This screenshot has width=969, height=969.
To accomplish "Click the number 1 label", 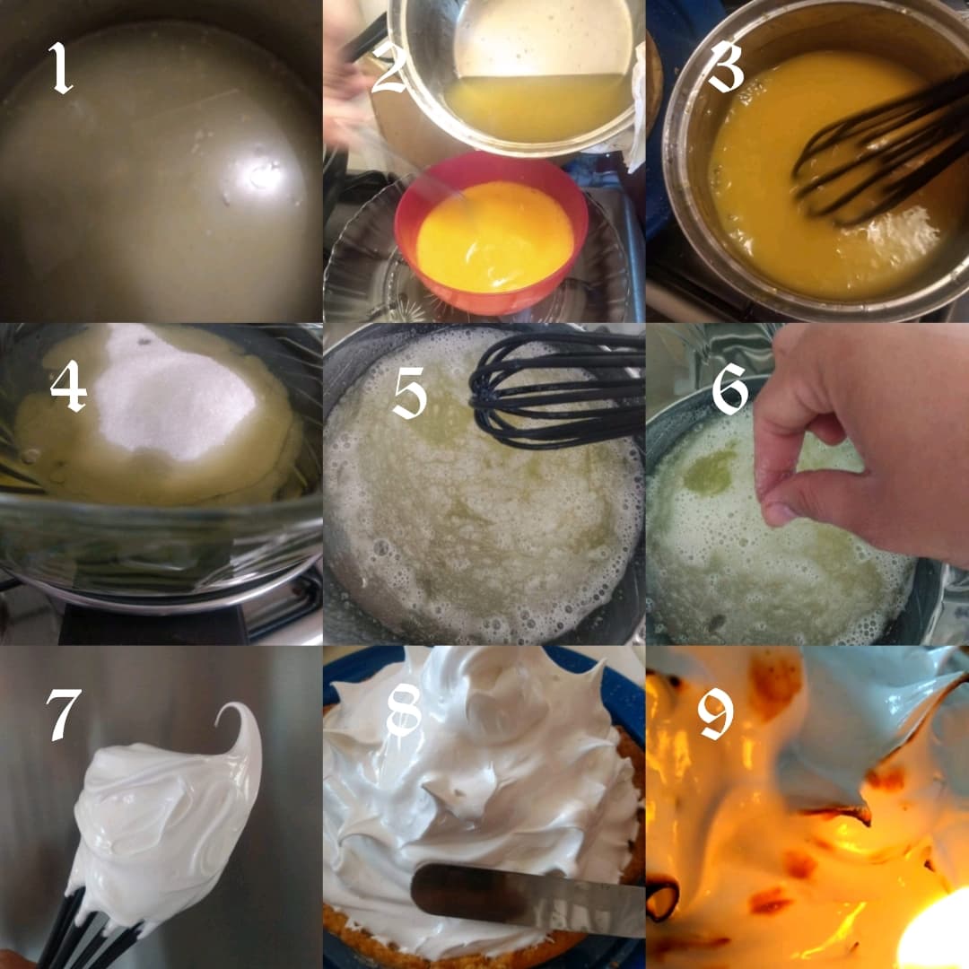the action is pyautogui.click(x=61, y=67).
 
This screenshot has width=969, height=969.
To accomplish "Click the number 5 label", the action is pyautogui.click(x=410, y=392).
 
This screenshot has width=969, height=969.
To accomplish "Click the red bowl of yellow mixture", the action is pyautogui.click(x=492, y=233).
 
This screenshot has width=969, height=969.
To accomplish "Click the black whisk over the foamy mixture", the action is pyautogui.click(x=556, y=390).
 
